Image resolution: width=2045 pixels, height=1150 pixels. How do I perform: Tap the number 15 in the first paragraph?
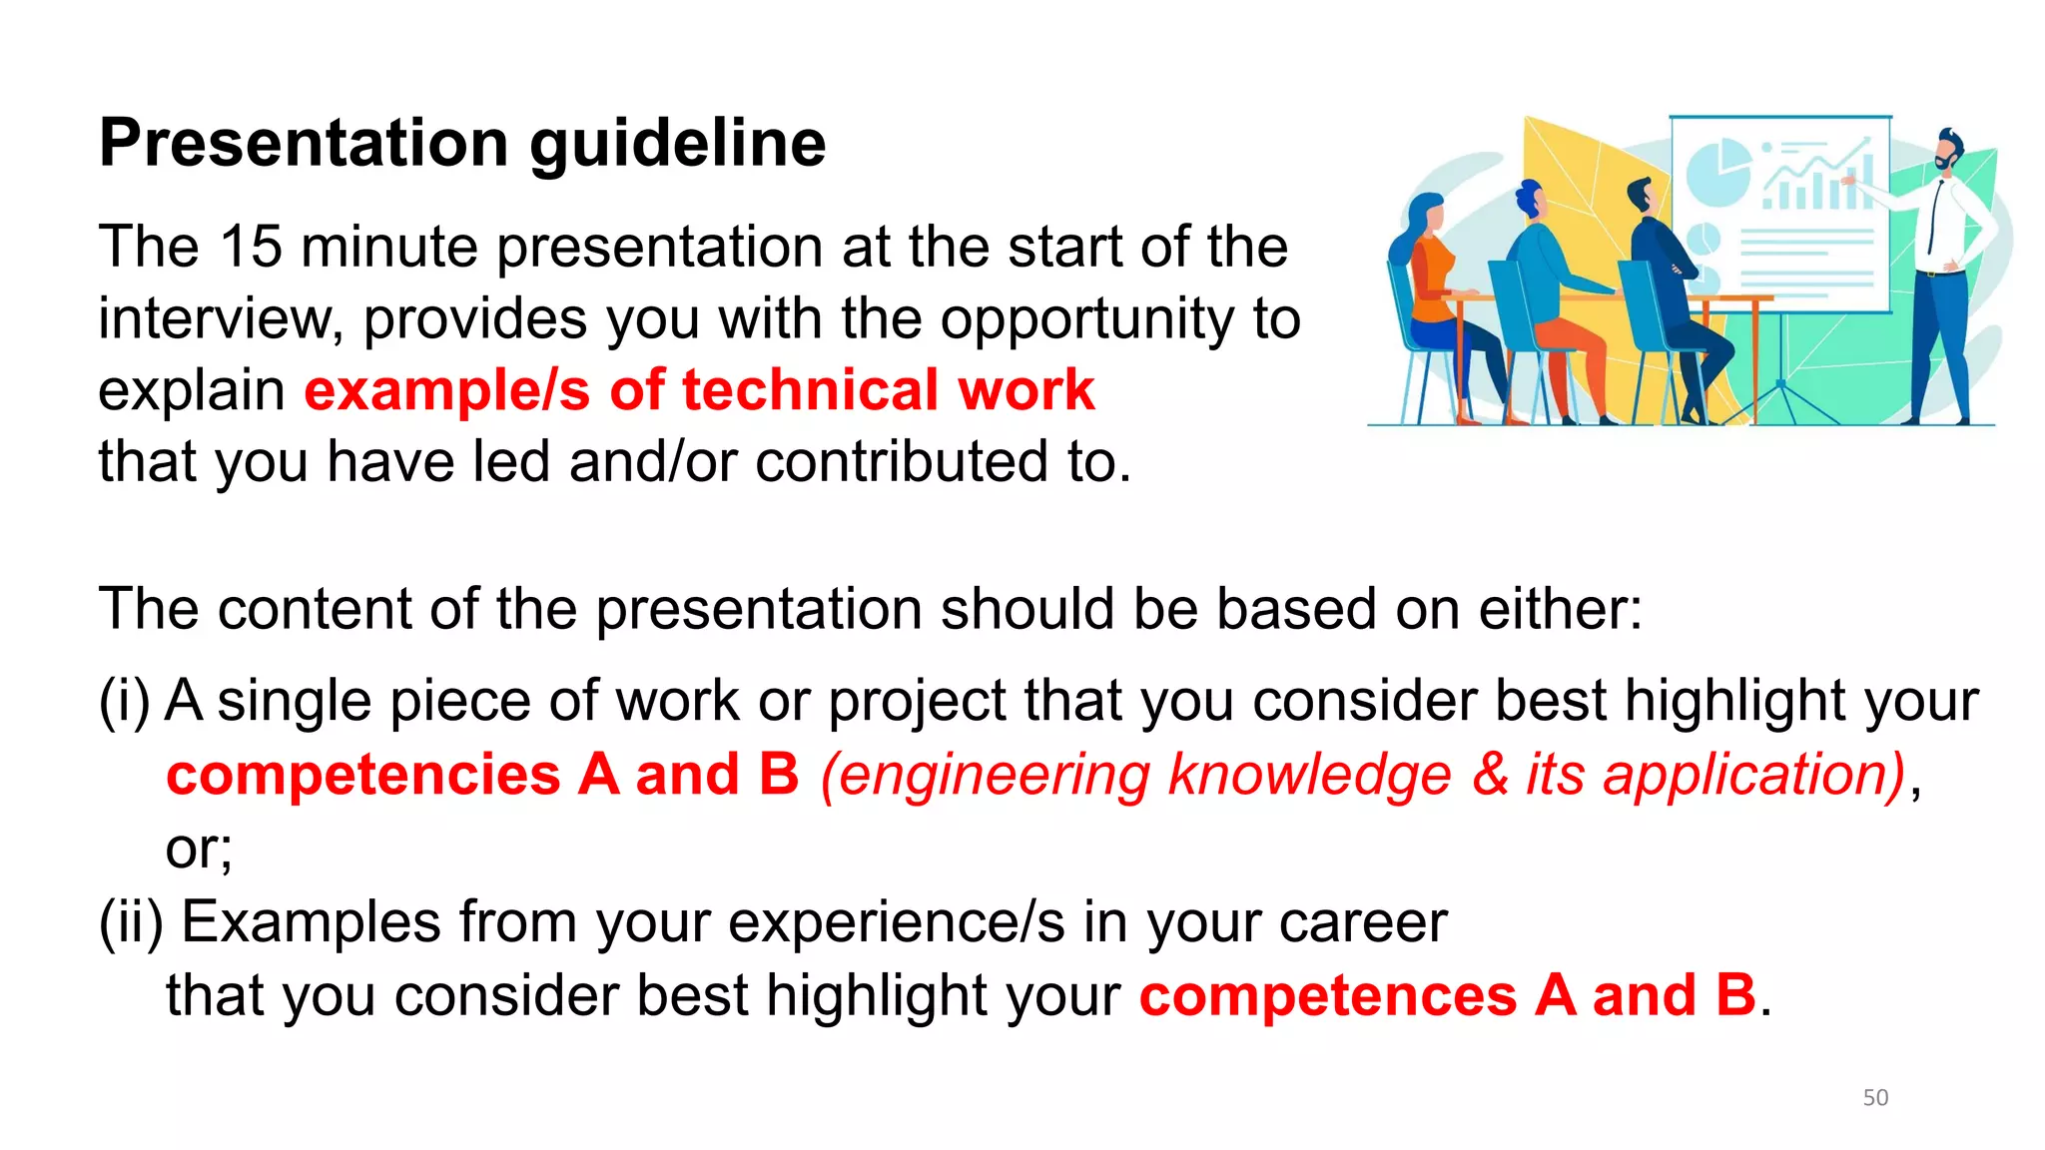point(251,247)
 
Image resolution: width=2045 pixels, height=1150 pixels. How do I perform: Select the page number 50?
point(1875,1097)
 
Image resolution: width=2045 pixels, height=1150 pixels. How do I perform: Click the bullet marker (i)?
point(124,701)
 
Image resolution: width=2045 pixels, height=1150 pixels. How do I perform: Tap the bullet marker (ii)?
point(131,922)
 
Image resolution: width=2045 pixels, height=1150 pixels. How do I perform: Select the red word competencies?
point(362,776)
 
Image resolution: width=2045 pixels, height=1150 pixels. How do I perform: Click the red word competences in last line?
point(1327,996)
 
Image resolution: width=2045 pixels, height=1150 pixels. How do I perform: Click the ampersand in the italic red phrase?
point(1489,776)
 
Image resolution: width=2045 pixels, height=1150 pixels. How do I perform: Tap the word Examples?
point(311,922)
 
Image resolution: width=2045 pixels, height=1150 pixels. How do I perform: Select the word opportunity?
point(1086,319)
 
